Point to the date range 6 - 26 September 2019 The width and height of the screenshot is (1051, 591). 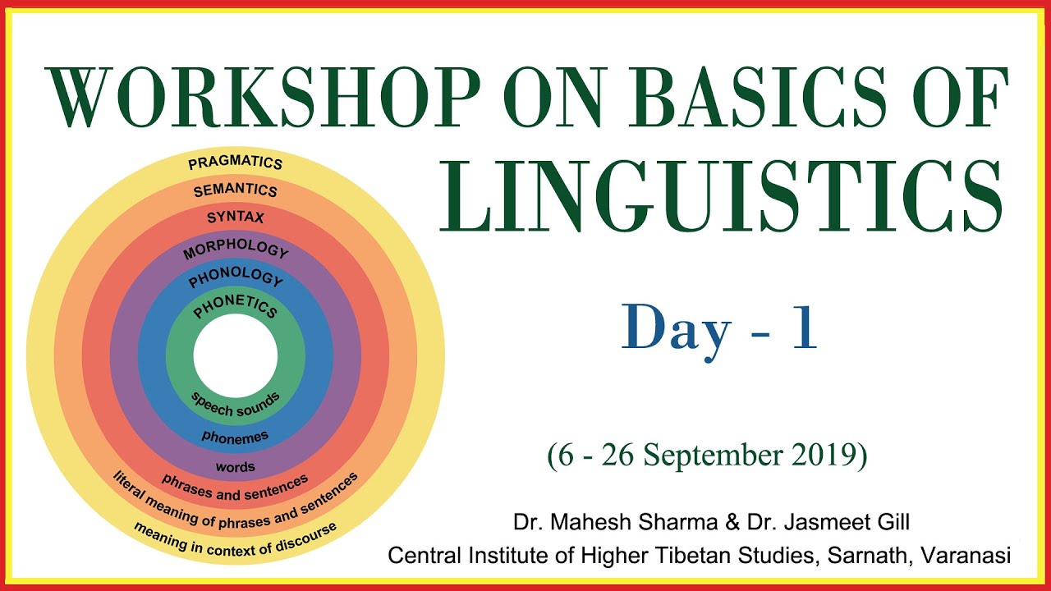point(707,456)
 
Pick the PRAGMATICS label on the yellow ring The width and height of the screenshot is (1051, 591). point(235,162)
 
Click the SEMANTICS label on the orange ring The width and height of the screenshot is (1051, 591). point(235,190)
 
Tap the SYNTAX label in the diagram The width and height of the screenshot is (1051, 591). point(235,218)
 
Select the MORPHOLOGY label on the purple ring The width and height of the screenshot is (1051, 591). point(236,250)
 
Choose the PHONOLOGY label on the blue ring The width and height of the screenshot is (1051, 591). point(235,277)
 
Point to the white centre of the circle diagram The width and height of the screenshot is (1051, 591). point(236,356)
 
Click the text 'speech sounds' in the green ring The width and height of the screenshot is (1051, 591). point(236,403)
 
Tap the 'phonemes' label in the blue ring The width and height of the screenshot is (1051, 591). point(236,437)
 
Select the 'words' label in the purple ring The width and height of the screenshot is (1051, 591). point(236,466)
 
